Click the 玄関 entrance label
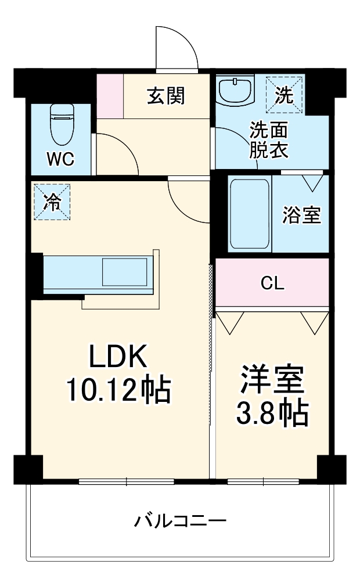pyautogui.click(x=165, y=96)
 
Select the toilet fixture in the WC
pyautogui.click(x=61, y=124)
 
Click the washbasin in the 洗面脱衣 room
pyautogui.click(x=236, y=91)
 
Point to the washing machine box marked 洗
pyautogui.click(x=283, y=95)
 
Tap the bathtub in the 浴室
pyautogui.click(x=249, y=213)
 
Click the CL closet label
pyautogui.click(x=272, y=283)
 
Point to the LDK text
pyautogui.click(x=118, y=356)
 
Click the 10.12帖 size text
pyautogui.click(x=118, y=390)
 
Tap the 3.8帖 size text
pyautogui.click(x=272, y=413)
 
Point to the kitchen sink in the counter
pyautogui.click(x=125, y=271)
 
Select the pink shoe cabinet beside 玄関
pyautogui.click(x=110, y=96)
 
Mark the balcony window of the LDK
pyautogui.click(x=127, y=481)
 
